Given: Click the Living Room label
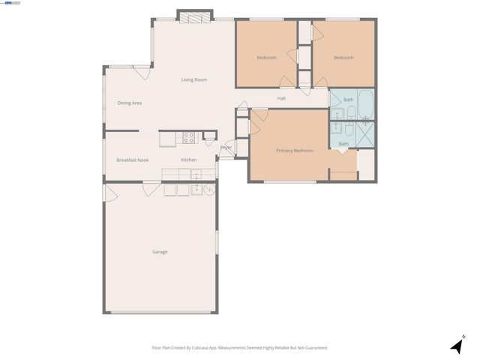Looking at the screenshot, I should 193,79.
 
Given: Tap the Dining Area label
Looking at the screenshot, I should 129,103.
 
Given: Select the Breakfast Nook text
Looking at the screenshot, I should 132,160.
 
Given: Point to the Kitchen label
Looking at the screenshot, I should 189,160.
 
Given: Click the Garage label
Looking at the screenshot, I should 160,252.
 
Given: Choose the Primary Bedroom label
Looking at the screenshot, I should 294,151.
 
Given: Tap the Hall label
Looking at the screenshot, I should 281,98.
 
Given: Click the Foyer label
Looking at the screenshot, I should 226,148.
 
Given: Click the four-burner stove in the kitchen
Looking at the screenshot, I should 189,137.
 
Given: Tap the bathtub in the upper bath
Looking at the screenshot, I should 364,104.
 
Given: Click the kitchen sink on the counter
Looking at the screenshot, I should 196,175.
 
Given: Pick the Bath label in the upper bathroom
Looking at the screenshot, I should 348,99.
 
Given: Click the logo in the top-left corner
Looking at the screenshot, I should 12,3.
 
